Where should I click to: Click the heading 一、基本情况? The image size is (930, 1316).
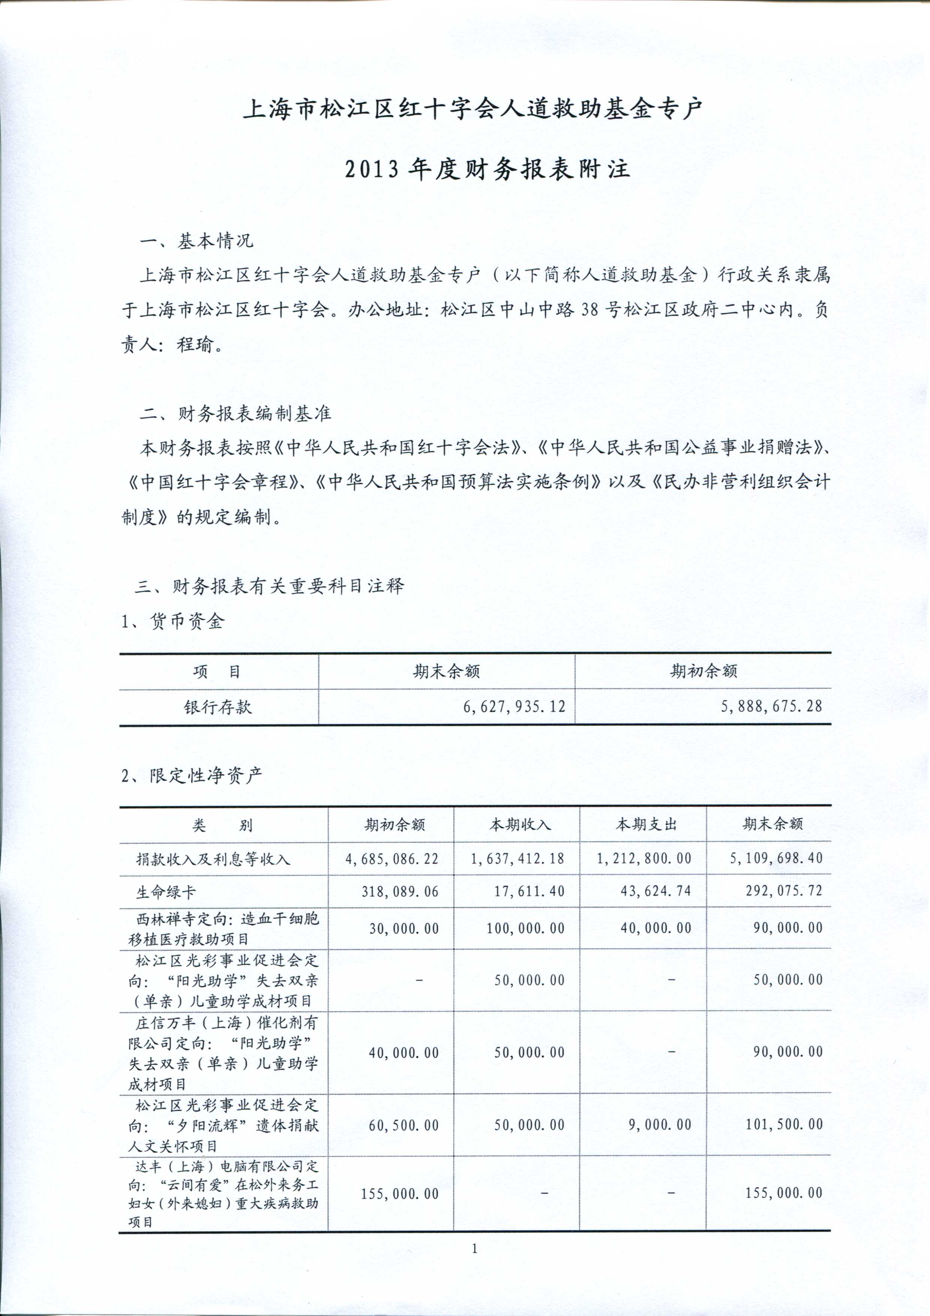(x=196, y=241)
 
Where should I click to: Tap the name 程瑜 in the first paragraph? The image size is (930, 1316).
(x=195, y=345)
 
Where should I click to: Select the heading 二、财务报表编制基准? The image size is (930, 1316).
(x=235, y=414)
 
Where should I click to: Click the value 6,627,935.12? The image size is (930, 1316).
(x=514, y=707)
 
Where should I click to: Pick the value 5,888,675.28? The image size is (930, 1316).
(x=771, y=706)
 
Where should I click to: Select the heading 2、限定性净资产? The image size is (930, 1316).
(x=192, y=776)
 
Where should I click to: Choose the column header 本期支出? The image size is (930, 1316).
(x=646, y=824)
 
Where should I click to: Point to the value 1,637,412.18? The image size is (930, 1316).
(x=517, y=858)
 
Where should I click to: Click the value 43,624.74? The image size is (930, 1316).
(x=656, y=891)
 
